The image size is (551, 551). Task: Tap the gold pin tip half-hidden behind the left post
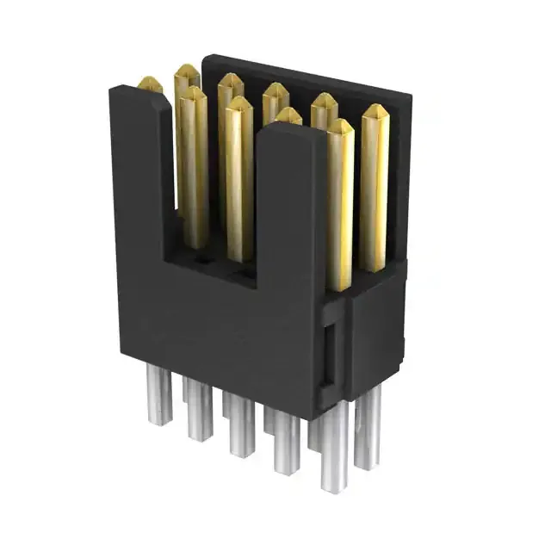(150, 84)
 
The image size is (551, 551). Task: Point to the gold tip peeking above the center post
(288, 115)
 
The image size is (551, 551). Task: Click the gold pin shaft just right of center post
(339, 207)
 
